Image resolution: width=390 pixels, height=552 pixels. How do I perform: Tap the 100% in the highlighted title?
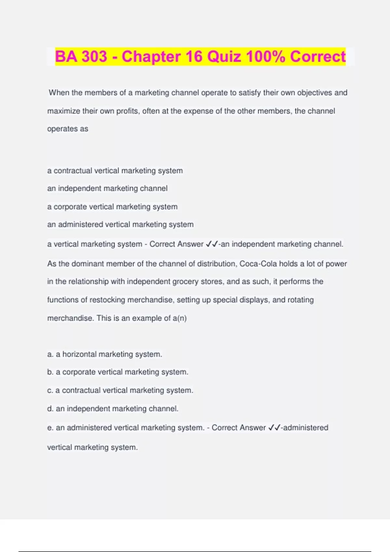266,56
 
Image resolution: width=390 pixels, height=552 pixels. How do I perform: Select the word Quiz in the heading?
224,56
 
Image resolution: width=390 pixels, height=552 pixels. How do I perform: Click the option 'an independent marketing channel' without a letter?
107,188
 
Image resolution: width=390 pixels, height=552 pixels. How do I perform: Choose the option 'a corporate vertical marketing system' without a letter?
112,207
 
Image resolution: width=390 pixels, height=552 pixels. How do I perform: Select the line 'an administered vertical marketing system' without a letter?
120,224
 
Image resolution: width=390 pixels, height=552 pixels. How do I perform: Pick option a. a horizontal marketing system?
104,354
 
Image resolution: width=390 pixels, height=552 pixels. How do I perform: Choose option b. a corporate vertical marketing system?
118,372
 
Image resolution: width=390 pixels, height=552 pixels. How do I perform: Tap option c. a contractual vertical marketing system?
120,390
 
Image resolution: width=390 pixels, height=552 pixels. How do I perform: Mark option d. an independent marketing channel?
113,408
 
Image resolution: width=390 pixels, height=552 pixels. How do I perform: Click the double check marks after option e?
275,428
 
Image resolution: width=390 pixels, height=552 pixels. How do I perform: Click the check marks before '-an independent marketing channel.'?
212,244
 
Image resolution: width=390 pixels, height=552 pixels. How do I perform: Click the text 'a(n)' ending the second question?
180,318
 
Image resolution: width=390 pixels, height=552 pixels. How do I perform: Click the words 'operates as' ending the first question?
68,129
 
